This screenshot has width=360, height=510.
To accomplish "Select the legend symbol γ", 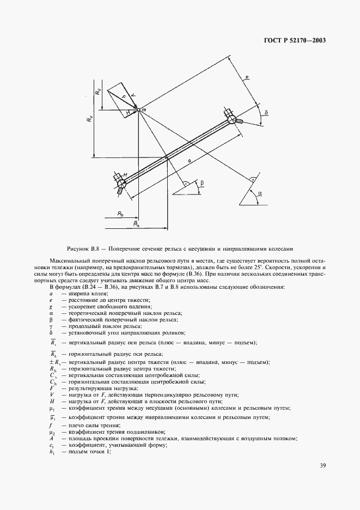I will coord(51,325).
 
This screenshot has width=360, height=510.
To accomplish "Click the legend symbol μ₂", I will coord(52,432).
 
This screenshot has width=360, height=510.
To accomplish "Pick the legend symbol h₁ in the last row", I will coord(52,452).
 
